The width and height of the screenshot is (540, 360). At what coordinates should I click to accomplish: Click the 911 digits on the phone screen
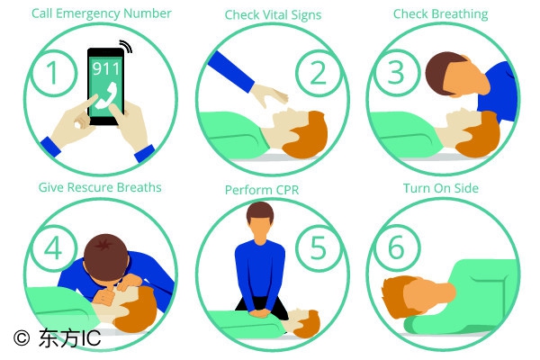pyautogui.click(x=105, y=68)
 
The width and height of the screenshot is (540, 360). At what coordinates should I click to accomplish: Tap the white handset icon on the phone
pyautogui.click(x=106, y=95)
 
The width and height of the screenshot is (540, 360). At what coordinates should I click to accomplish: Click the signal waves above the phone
pyautogui.click(x=126, y=46)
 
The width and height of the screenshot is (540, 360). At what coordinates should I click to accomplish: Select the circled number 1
pyautogui.click(x=53, y=73)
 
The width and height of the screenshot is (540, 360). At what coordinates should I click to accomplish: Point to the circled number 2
pyautogui.click(x=318, y=73)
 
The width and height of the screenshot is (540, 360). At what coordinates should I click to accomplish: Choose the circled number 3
pyautogui.click(x=396, y=73)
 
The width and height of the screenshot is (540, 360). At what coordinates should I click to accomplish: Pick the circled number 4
pyautogui.click(x=53, y=247)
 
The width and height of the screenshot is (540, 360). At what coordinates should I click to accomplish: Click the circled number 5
pyautogui.click(x=318, y=247)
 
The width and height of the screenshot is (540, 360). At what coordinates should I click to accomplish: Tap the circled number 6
pyautogui.click(x=396, y=247)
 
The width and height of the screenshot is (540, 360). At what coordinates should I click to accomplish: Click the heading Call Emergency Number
pyautogui.click(x=101, y=13)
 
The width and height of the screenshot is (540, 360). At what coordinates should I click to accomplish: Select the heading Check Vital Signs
pyautogui.click(x=273, y=14)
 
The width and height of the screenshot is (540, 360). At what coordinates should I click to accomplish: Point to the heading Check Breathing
pyautogui.click(x=440, y=14)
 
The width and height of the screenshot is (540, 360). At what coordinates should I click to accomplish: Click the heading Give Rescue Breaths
pyautogui.click(x=100, y=187)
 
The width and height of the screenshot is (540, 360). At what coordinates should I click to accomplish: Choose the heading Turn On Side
pyautogui.click(x=441, y=188)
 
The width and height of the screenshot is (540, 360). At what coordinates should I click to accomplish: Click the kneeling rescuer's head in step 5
pyautogui.click(x=260, y=220)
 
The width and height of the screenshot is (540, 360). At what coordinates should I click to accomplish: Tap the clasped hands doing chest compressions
pyautogui.click(x=260, y=312)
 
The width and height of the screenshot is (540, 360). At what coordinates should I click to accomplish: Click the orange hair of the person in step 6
pyautogui.click(x=396, y=296)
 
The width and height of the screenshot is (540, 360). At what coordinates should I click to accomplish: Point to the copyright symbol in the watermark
pyautogui.click(x=22, y=337)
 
